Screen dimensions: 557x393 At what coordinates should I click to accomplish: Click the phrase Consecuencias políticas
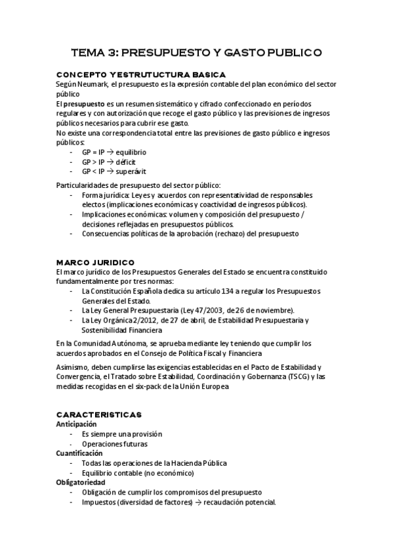(x=123, y=233)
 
